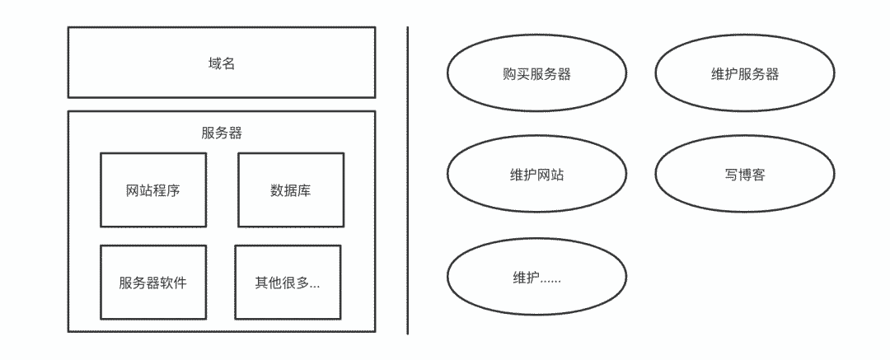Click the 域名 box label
coord(221,63)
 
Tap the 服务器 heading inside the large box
coord(221,133)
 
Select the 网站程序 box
coord(153,189)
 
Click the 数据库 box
coord(291,189)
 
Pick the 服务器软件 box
coord(153,282)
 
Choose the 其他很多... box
coord(287,282)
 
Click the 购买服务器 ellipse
coord(536,74)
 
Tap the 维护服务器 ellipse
coord(744,74)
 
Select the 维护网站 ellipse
coord(536,175)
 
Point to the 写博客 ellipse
coord(744,175)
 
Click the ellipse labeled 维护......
coord(536,277)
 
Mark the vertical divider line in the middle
coord(408,181)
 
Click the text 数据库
coord(291,191)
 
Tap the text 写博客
coord(744,175)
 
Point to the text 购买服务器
coord(536,74)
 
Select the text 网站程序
coord(153,191)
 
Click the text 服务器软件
coord(153,283)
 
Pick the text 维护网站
coord(536,175)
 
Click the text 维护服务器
coord(744,74)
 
